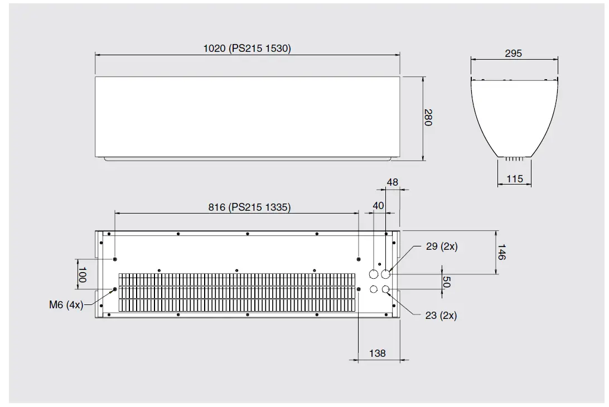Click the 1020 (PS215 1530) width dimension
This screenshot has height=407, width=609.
pyautogui.click(x=247, y=49)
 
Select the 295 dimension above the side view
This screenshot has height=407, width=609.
pyautogui.click(x=513, y=54)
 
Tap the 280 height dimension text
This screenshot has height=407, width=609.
pyautogui.click(x=428, y=118)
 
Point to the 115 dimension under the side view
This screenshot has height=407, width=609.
pyautogui.click(x=514, y=179)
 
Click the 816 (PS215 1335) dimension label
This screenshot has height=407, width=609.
pyautogui.click(x=249, y=207)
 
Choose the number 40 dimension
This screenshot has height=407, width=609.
pyautogui.click(x=379, y=206)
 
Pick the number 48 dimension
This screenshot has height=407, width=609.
pyautogui.click(x=393, y=182)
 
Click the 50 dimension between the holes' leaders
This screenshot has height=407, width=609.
pyautogui.click(x=446, y=282)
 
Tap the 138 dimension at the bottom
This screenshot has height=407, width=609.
pyautogui.click(x=378, y=353)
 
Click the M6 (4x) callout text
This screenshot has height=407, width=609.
pyautogui.click(x=65, y=305)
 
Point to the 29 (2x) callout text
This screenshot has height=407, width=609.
pyautogui.click(x=442, y=246)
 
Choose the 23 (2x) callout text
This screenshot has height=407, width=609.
pyautogui.click(x=441, y=316)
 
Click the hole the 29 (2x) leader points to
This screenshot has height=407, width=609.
pyautogui.click(x=385, y=274)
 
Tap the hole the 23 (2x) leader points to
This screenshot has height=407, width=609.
pyautogui.click(x=385, y=289)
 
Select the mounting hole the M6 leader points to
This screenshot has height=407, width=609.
pyautogui.click(x=115, y=289)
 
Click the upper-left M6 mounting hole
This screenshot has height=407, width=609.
pyautogui.click(x=115, y=259)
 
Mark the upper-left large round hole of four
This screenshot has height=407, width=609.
pyautogui.click(x=374, y=274)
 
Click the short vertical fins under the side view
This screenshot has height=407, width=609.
pyautogui.click(x=514, y=159)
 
